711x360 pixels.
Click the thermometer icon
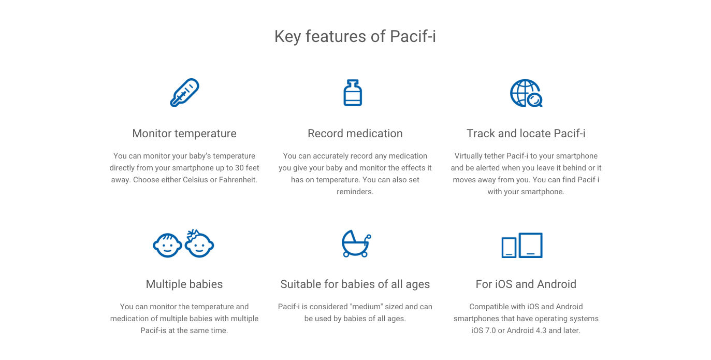[184, 93]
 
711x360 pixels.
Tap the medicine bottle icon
[353, 93]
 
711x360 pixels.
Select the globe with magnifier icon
[525, 93]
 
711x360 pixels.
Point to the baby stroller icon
[356, 243]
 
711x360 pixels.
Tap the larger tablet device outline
[531, 245]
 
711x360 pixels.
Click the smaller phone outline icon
[509, 247]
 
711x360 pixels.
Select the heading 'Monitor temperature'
[184, 134]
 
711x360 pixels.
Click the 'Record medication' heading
[355, 134]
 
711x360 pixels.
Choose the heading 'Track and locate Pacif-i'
[526, 134]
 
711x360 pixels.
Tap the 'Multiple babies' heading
[184, 284]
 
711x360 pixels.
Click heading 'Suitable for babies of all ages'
[355, 284]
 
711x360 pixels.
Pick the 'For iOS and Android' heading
[526, 284]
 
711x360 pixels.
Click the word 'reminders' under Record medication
[354, 192]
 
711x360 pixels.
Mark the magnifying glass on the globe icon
[534, 98]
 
